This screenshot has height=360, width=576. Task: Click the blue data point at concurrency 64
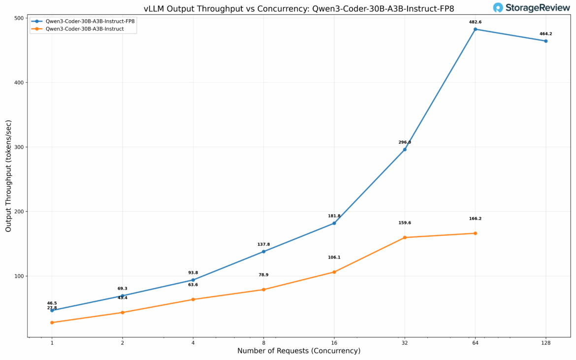[475, 29]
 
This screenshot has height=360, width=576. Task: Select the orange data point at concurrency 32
[405, 237]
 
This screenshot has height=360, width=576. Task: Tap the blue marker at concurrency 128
[545, 41]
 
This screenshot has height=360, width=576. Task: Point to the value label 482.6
[475, 22]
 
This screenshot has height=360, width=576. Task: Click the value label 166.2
[475, 219]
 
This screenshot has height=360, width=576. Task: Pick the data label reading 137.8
[263, 244]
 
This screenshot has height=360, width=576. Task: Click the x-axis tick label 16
[334, 343]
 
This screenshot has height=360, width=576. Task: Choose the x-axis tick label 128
[545, 343]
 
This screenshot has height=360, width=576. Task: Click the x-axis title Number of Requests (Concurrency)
[299, 351]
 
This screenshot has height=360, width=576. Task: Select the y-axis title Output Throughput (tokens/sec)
[8, 176]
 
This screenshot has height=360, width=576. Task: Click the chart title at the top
[299, 9]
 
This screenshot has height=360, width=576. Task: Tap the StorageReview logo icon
[498, 8]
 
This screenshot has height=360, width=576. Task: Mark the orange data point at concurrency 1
[52, 323]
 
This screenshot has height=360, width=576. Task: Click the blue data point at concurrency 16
[334, 223]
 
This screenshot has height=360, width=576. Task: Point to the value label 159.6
[405, 223]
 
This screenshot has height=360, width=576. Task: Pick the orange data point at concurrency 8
[263, 290]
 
